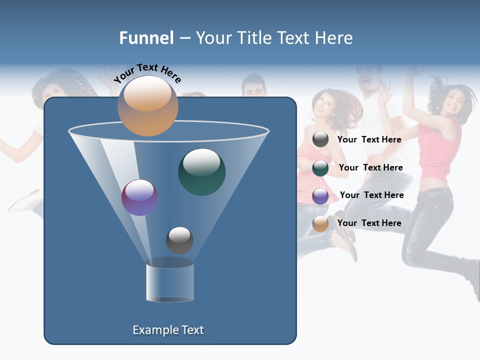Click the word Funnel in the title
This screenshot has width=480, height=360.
pyautogui.click(x=146, y=38)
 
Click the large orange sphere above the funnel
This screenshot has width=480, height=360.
pyautogui.click(x=147, y=106)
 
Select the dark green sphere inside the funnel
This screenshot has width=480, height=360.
pyautogui.click(x=202, y=171)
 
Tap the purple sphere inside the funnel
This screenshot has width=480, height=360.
pyautogui.click(x=139, y=197)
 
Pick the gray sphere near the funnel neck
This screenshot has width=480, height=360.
pyautogui.click(x=179, y=240)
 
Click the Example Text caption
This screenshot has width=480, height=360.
pyautogui.click(x=168, y=330)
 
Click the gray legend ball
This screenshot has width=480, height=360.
pyautogui.click(x=320, y=139)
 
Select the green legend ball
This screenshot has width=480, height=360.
pyautogui.click(x=320, y=168)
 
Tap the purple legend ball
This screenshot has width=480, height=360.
pyautogui.click(x=320, y=196)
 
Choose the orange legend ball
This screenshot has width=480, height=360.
pyautogui.click(x=320, y=223)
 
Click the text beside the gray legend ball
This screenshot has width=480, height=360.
pyautogui.click(x=369, y=139)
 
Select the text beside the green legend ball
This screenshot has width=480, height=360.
pyautogui.click(x=370, y=167)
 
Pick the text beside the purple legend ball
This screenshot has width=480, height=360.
pyautogui.click(x=371, y=195)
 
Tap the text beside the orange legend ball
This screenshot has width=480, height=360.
pyautogui.click(x=369, y=223)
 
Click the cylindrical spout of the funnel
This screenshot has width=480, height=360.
pyautogui.click(x=170, y=282)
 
